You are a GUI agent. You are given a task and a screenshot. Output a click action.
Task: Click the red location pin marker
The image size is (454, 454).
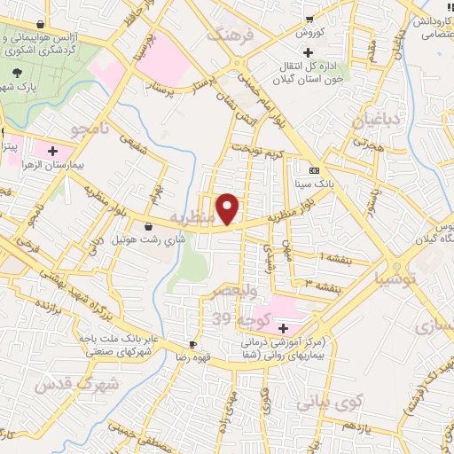click(229, 208)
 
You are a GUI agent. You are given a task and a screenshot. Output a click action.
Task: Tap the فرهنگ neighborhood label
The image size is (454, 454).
click(230, 36)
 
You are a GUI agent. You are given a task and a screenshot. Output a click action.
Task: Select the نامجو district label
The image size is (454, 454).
click(90, 130)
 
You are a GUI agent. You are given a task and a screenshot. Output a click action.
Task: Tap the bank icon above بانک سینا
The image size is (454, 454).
click(313, 168)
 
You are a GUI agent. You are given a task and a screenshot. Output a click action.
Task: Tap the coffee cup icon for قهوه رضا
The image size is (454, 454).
click(192, 344)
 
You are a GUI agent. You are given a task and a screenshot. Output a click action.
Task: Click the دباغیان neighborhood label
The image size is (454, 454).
click(377, 120)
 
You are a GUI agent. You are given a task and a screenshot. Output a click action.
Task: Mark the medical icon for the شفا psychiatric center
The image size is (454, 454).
click(283, 329)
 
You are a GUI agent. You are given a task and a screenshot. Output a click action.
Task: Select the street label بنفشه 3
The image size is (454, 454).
click(319, 283)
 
